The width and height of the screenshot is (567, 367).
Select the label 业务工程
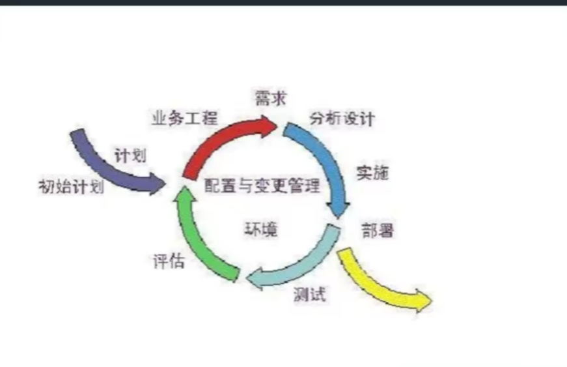[x=184, y=118]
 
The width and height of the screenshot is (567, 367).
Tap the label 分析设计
[x=342, y=119]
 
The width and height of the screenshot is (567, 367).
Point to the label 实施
[x=372, y=173]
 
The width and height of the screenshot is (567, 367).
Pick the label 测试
[x=309, y=294]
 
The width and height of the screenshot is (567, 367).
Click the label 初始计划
[x=71, y=187]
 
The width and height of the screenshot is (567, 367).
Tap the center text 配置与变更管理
[x=262, y=186]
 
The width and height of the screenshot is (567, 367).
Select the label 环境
[x=260, y=229]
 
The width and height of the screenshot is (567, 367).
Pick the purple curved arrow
[x=104, y=163]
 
